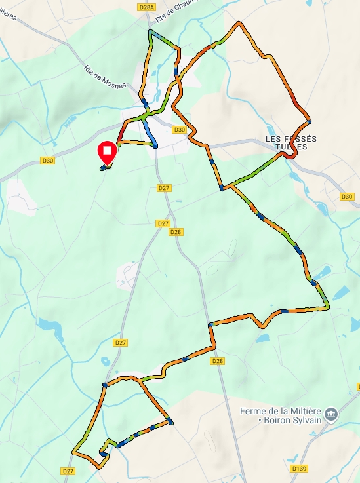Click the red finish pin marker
[x=106, y=153]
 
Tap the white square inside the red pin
[x=106, y=151]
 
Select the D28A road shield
[x=148, y=7]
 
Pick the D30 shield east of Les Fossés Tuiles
[x=348, y=197]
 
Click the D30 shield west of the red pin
[x=47, y=160]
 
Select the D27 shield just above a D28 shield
[x=163, y=223]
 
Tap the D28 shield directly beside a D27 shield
[x=175, y=232]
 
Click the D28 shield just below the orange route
[x=218, y=361]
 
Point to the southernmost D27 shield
[x=68, y=471]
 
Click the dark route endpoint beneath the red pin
[x=102, y=168]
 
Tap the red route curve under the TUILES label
[x=292, y=156]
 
